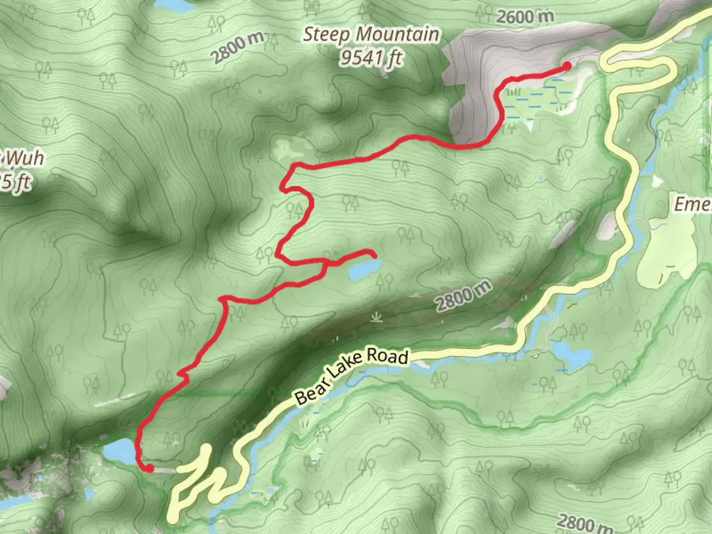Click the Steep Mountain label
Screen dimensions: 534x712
(x=371, y=35)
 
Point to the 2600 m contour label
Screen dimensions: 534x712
(x=525, y=17)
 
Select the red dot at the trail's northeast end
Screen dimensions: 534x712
(x=567, y=66)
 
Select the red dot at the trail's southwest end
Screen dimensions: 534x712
(x=148, y=468)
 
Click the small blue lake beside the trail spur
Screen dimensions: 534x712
(x=364, y=271)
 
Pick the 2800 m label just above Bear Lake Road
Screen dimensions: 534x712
(x=463, y=296)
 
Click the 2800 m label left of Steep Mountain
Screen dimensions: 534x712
(x=237, y=48)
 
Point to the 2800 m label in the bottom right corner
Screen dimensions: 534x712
(x=583, y=523)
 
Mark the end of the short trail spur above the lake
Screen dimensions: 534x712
(x=373, y=255)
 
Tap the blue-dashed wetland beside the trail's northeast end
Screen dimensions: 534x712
(x=539, y=99)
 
